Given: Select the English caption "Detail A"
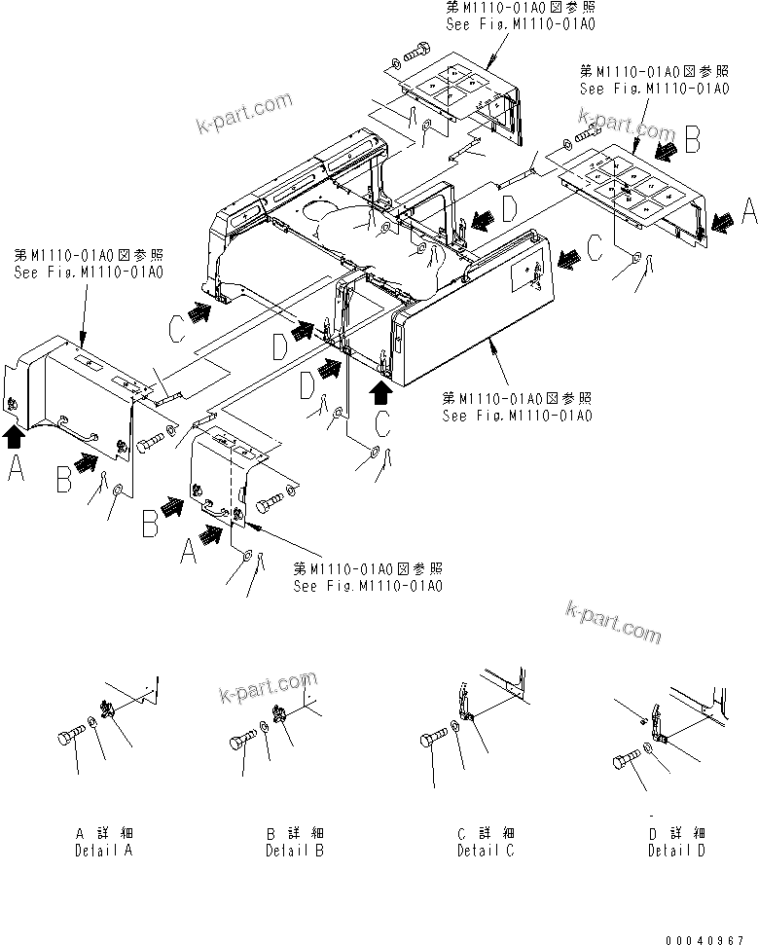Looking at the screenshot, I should click(104, 851).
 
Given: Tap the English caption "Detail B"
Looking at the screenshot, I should click(295, 851).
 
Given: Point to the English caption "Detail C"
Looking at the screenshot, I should click(486, 851).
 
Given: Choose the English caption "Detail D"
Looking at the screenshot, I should click(677, 851).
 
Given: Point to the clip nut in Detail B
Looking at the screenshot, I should click(281, 718).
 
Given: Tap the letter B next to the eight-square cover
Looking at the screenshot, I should click(692, 142).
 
